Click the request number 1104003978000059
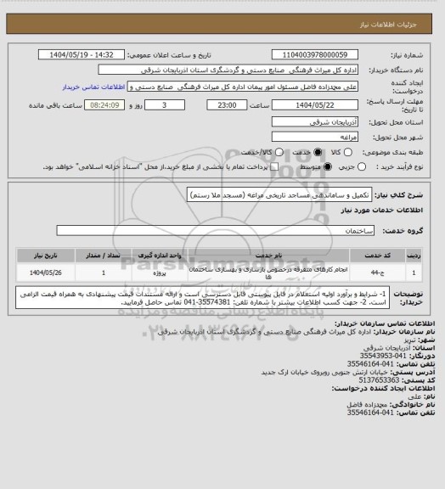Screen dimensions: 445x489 [317, 54]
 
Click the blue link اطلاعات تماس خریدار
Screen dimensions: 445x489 [95, 87]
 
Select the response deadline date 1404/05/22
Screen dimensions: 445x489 [317, 104]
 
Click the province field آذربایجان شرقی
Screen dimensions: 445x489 [317, 121]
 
